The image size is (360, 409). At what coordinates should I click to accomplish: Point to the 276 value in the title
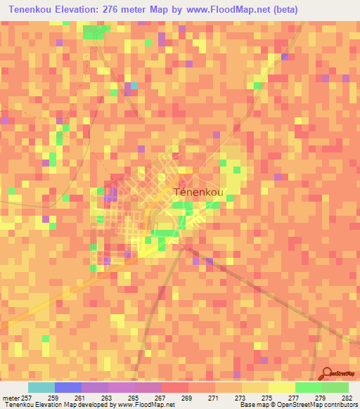point(123,10)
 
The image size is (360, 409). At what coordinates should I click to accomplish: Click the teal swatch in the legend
point(41,387)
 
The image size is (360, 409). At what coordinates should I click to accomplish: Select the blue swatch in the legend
point(67,387)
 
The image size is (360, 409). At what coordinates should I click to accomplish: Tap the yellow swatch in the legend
point(281,387)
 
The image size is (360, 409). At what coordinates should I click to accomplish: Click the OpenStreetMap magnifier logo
point(326,374)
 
